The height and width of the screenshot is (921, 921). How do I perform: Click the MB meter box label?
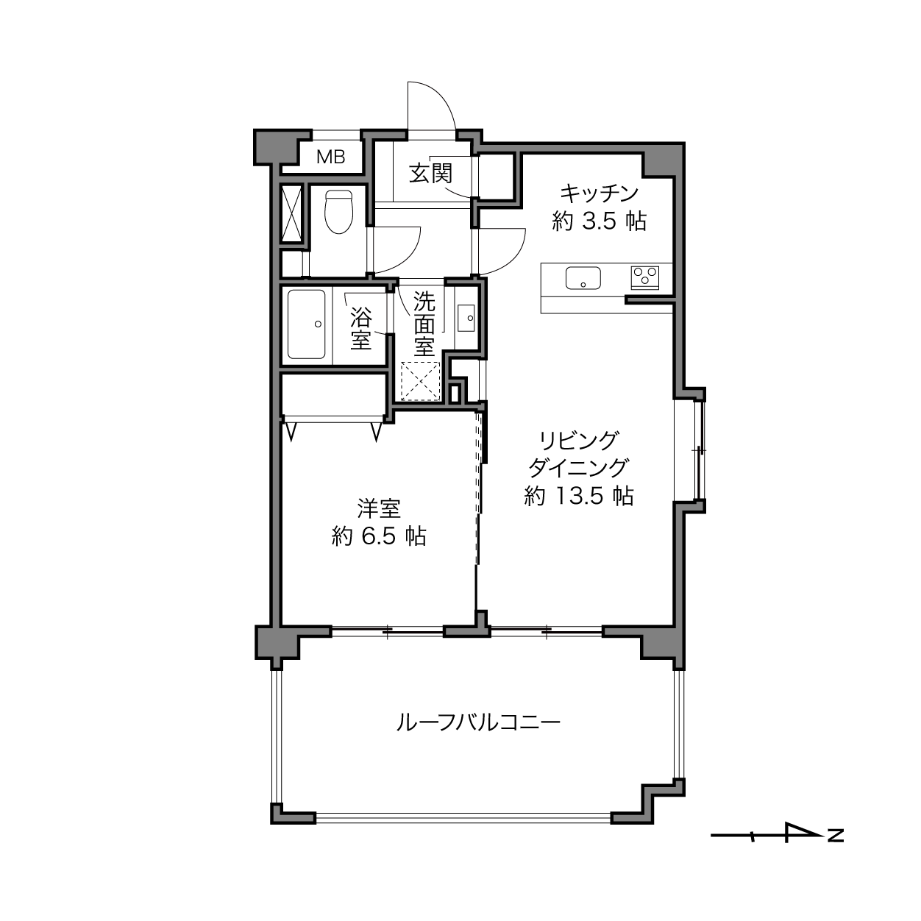[x=331, y=157]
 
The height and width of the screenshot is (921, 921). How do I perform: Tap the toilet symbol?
[x=338, y=212]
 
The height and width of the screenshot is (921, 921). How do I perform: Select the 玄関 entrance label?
[x=430, y=174]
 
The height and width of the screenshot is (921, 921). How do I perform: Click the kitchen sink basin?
[x=583, y=278]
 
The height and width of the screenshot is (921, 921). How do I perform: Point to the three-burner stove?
[x=645, y=277]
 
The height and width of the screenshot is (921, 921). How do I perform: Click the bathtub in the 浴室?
[x=306, y=324]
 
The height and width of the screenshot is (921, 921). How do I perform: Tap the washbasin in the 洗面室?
[x=466, y=318]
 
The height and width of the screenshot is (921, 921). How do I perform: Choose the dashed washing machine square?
[x=420, y=381]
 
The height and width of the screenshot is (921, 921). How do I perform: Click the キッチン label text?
[x=600, y=193]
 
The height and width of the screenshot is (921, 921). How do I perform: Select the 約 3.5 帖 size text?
[x=600, y=221]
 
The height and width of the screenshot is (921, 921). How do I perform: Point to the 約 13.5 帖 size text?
[x=579, y=496]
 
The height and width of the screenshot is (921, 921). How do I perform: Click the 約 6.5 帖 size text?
[x=379, y=536]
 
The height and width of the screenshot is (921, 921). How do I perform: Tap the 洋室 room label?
[x=379, y=508]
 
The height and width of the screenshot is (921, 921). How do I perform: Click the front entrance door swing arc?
[x=442, y=98]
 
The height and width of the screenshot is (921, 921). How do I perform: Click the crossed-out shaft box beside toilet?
[x=291, y=213]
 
